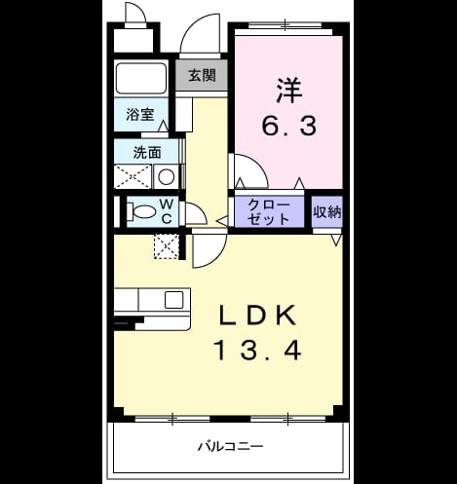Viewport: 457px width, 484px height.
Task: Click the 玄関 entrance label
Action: coord(202,76)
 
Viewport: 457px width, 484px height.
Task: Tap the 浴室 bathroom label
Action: coord(140,114)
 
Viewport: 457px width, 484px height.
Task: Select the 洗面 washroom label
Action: coord(147,153)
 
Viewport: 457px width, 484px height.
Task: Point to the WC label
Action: coord(167,211)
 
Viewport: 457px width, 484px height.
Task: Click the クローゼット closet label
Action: coord(269,212)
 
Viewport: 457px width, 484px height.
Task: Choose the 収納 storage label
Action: coord(326,212)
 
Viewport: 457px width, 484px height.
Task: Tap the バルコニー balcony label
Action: coord(231,446)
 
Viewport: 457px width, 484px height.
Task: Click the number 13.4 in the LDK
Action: coord(259,351)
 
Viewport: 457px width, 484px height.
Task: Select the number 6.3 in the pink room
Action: coord(288,126)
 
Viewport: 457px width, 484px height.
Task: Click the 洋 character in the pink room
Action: coord(289,91)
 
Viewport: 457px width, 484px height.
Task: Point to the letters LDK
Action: coord(258,316)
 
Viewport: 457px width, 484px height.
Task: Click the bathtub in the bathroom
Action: coord(141,78)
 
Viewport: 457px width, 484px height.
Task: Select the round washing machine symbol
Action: coord(166,177)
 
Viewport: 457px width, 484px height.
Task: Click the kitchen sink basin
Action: coord(173,300)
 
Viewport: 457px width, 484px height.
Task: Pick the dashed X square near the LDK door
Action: coord(166,246)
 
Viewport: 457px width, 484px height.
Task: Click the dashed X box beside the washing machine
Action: coord(133,177)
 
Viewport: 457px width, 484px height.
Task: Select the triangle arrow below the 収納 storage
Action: coord(336,240)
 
